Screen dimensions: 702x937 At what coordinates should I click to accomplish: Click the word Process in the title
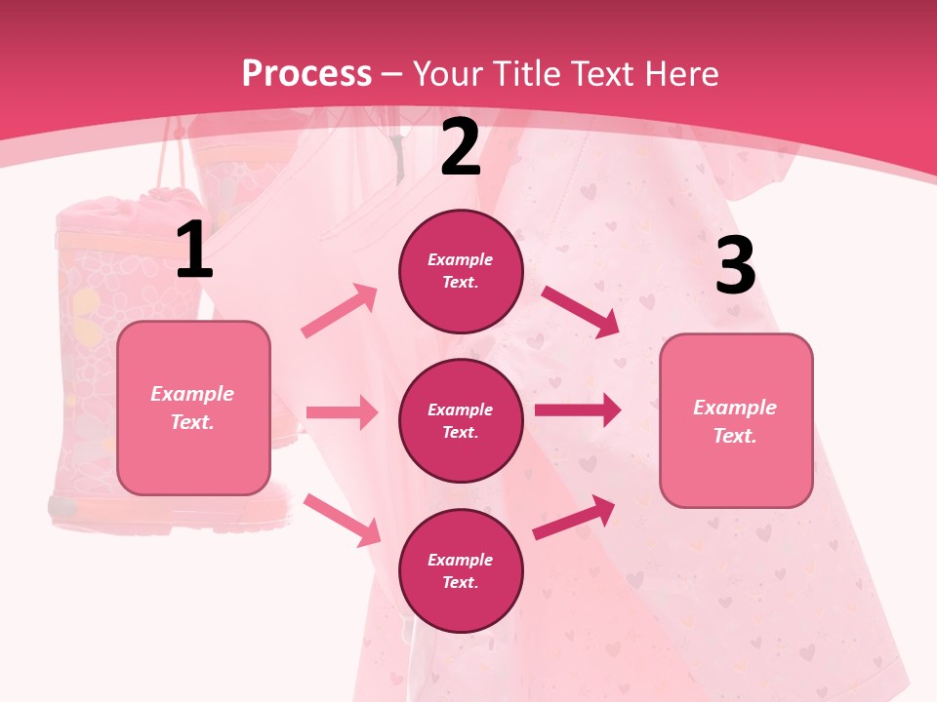click(306, 73)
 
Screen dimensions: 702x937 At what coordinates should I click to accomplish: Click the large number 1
click(194, 252)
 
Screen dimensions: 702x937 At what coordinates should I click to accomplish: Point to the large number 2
click(461, 148)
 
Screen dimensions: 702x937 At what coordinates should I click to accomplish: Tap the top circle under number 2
click(461, 271)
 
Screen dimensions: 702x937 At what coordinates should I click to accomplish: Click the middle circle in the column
click(461, 420)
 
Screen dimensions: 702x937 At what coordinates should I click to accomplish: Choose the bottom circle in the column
click(461, 570)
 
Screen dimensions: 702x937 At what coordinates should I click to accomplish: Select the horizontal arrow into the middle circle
click(342, 412)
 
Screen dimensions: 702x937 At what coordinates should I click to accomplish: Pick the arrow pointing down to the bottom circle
click(343, 519)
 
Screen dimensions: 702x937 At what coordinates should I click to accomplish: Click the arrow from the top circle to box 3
click(580, 311)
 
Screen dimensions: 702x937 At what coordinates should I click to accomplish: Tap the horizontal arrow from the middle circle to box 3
click(578, 410)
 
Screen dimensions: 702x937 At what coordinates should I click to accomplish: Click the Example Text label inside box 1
click(193, 408)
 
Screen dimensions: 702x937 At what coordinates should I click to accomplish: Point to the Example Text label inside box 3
click(735, 421)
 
